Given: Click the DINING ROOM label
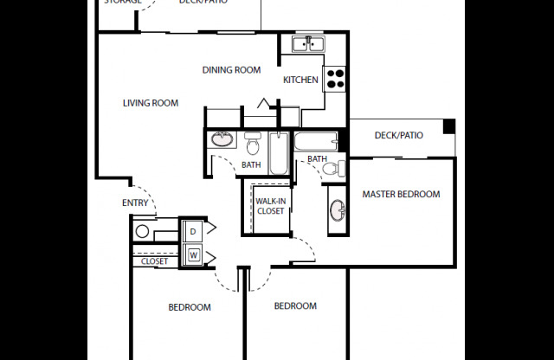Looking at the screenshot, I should [231, 70].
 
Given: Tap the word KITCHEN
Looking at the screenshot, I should [300, 80].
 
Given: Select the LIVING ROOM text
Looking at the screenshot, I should [151, 103].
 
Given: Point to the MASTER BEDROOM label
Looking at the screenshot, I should [401, 194].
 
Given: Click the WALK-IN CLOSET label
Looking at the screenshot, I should [270, 205].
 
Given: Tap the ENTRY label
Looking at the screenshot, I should [135, 203].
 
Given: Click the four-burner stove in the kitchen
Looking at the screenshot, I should [334, 80].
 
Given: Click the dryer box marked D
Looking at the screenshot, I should [192, 231].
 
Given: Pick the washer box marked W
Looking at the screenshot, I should [192, 255].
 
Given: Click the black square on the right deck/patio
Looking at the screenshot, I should [448, 127].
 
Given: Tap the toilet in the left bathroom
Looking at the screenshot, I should [253, 144].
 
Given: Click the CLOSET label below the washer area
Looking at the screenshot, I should [154, 260].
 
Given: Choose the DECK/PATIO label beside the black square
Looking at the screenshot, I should [398, 135].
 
